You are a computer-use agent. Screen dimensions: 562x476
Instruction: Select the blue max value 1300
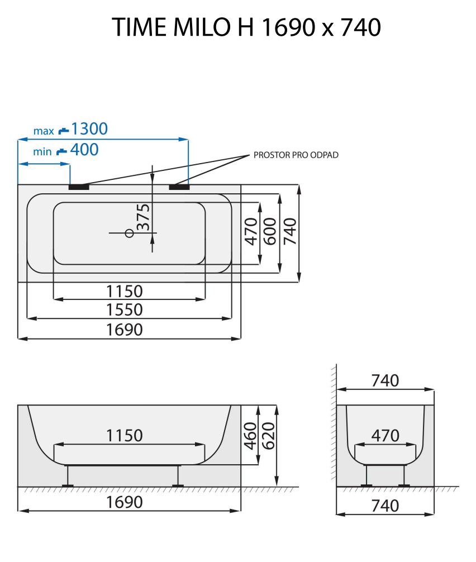(x=89, y=129)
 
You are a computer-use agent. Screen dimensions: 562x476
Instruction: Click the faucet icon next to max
(x=64, y=130)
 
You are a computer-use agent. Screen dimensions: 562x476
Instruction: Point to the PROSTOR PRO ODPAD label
(x=296, y=155)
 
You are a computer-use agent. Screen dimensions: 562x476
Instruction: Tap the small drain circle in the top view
(x=129, y=232)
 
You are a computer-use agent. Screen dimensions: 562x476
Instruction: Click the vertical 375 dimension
(x=144, y=217)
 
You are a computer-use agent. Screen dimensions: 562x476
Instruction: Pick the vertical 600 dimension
(x=270, y=230)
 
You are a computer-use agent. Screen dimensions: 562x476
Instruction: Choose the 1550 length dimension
(x=125, y=309)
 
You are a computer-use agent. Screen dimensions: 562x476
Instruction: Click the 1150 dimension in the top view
(x=125, y=291)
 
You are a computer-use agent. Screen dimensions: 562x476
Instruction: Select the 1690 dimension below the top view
(x=125, y=330)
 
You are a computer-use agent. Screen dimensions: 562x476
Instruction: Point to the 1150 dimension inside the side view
(x=125, y=435)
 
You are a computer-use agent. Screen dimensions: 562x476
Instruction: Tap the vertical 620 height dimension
(x=269, y=436)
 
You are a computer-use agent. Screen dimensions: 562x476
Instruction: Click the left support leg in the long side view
(x=68, y=475)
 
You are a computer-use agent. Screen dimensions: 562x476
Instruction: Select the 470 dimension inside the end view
(x=385, y=435)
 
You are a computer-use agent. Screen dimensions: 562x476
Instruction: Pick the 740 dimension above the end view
(x=385, y=380)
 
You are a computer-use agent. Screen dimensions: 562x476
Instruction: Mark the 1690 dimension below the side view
(x=125, y=502)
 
